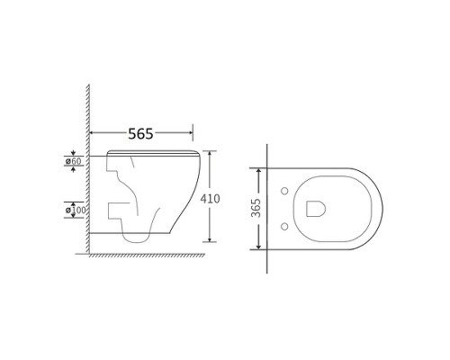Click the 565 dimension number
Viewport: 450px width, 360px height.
pos(140,134)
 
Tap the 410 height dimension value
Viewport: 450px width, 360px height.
pos(210,199)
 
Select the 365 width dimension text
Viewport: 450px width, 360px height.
pos(256,208)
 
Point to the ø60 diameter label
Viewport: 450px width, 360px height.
pos(74,161)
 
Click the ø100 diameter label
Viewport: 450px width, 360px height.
pos(76,210)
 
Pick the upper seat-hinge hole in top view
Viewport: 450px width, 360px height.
pos(284,191)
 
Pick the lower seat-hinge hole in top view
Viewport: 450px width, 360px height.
pos(284,227)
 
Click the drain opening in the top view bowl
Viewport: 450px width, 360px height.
pos(316,209)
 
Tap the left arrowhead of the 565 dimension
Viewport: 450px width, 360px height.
pos(93,132)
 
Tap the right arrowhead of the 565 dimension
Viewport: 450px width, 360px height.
pos(190,132)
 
